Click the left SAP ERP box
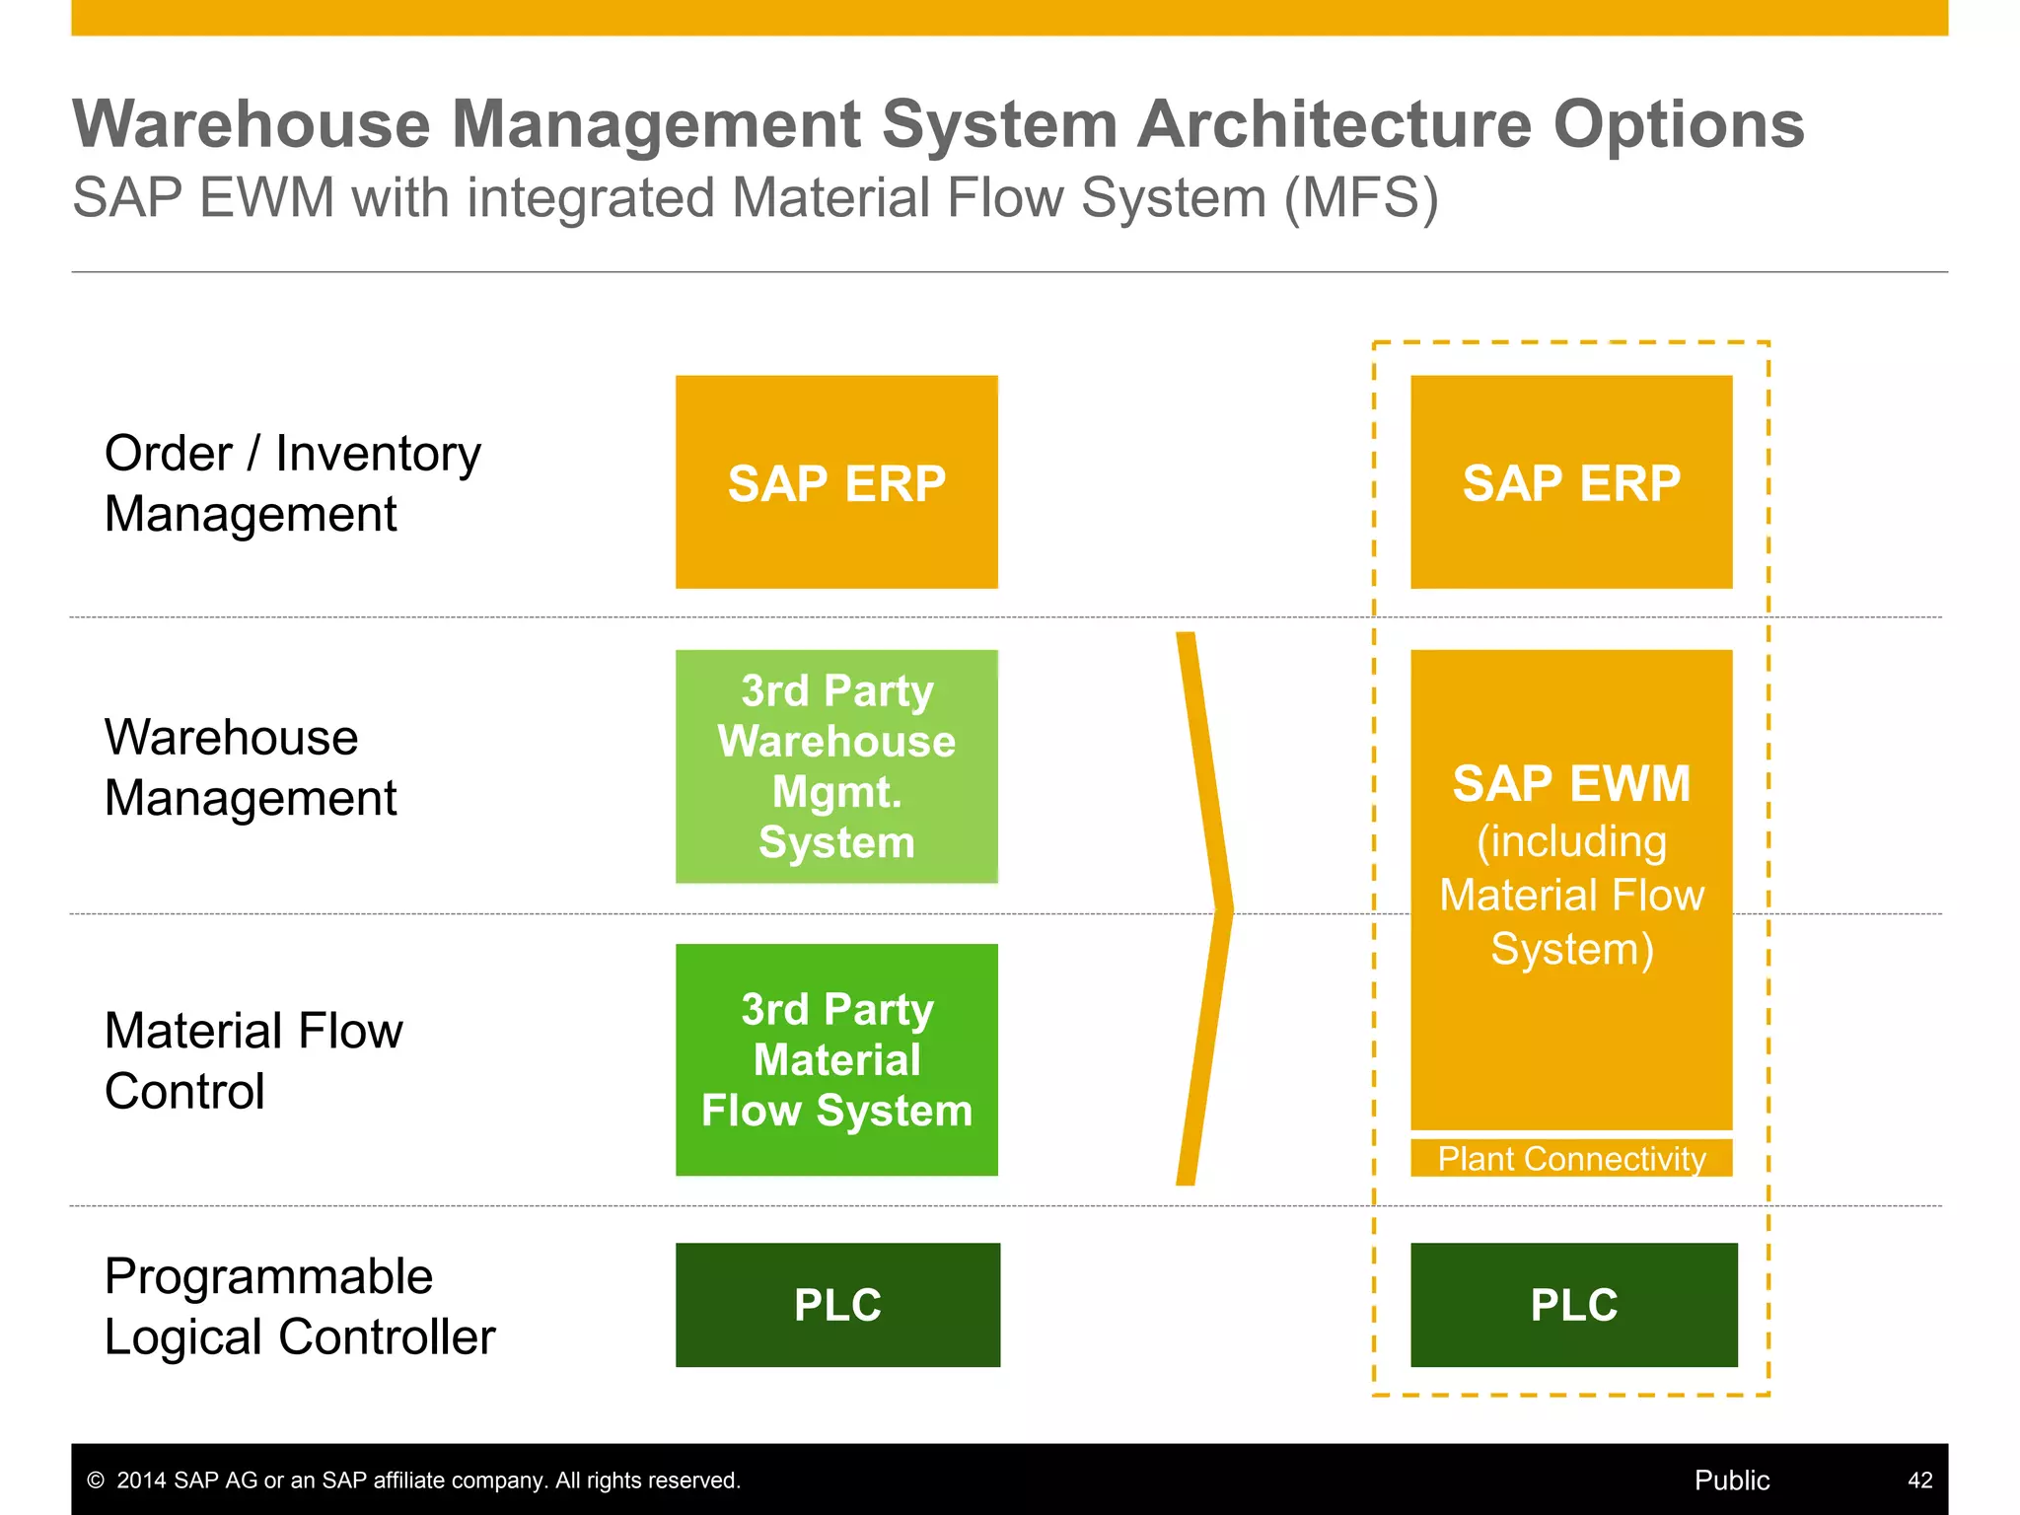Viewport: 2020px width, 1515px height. click(x=836, y=482)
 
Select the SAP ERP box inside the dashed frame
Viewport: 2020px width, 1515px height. click(x=1571, y=482)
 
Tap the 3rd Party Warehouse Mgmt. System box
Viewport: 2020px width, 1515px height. click(x=836, y=766)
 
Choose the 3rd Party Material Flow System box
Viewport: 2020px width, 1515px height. click(x=836, y=1059)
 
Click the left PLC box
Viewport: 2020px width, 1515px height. click(x=837, y=1304)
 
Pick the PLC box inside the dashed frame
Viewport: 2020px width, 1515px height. click(x=1573, y=1304)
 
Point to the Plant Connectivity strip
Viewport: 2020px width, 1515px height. click(x=1571, y=1158)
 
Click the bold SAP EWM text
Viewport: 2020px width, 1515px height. click(x=1571, y=784)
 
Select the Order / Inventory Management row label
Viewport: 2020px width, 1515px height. click(x=292, y=483)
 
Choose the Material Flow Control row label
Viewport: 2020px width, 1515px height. click(x=253, y=1060)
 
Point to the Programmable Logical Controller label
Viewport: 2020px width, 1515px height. click(x=299, y=1306)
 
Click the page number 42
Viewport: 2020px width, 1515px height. click(x=1919, y=1479)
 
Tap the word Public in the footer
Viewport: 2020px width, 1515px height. click(x=1731, y=1479)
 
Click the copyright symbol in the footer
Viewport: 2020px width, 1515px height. click(x=96, y=1479)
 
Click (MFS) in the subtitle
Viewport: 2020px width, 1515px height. click(x=1361, y=198)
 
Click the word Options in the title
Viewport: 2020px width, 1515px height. click(x=1679, y=125)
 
